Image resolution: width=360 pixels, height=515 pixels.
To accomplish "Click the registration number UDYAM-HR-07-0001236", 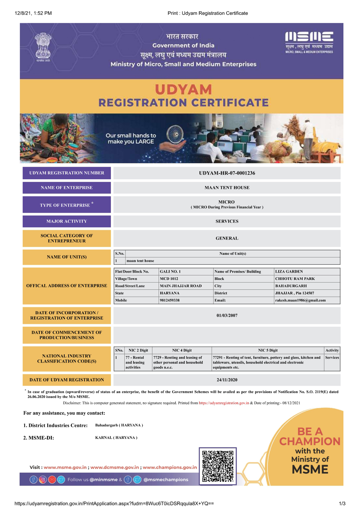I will pyautogui.click(x=227, y=173).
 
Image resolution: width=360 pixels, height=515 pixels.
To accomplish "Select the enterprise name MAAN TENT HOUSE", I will pyautogui.click(x=227, y=188).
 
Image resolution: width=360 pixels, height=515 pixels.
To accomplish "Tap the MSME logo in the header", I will pyautogui.click(x=309, y=42).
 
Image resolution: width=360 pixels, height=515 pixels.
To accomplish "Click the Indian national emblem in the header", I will pyautogui.click(x=43, y=47).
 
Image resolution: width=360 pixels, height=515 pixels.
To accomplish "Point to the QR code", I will pyautogui.click(x=218, y=466).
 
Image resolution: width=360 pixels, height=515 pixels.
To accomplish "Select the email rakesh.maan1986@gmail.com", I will pyautogui.click(x=300, y=301).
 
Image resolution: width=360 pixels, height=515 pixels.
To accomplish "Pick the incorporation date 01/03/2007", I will pyautogui.click(x=227, y=316).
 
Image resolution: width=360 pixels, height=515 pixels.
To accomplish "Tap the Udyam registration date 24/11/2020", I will pyautogui.click(x=227, y=380).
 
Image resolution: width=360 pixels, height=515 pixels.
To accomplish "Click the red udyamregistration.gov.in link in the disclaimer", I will pyautogui.click(x=224, y=403).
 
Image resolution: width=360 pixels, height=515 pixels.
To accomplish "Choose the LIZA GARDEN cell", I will pyautogui.click(x=289, y=272).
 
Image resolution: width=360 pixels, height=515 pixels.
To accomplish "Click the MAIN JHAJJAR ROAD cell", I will pyautogui.click(x=181, y=286).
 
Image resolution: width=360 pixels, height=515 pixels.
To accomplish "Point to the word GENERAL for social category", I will pyautogui.click(x=227, y=238).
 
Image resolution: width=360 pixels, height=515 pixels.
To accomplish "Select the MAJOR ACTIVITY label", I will pyautogui.click(x=67, y=221).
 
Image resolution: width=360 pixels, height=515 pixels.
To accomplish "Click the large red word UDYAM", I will pyautogui.click(x=184, y=90).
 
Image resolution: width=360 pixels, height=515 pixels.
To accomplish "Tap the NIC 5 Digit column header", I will pyautogui.click(x=268, y=350).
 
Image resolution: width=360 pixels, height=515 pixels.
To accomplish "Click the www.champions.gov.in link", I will pyautogui.click(x=170, y=468).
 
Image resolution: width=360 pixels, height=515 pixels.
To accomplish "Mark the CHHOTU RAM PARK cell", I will pyautogui.click(x=295, y=279).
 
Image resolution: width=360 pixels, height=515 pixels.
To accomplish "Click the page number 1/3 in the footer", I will pyautogui.click(x=342, y=504).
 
